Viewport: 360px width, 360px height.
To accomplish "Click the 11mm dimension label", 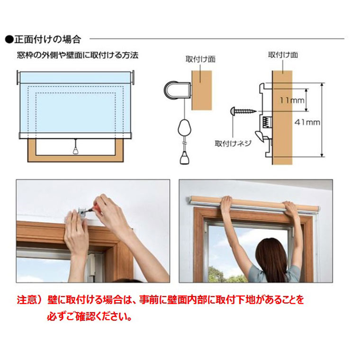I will tap(291, 100).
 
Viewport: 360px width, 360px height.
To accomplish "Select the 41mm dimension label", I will tap(307, 122).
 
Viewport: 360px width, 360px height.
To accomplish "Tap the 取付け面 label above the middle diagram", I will tap(201, 60).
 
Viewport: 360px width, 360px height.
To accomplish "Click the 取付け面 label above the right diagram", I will tap(283, 55).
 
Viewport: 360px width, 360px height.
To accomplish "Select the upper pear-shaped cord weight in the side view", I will tap(185, 127).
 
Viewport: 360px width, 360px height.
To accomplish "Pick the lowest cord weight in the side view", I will tap(185, 157).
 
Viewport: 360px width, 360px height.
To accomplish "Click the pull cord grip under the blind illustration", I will tap(75, 150).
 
